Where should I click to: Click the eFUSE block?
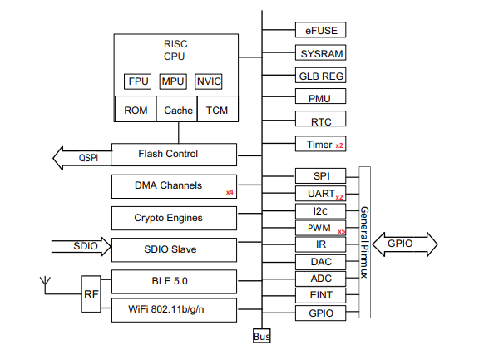[x=321, y=30]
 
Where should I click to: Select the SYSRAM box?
[x=321, y=52]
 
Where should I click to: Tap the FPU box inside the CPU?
[x=137, y=81]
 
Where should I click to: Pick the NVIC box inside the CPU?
[x=208, y=81]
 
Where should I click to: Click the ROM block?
[x=136, y=109]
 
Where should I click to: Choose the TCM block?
[x=218, y=109]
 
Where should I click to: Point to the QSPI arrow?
[x=82, y=158]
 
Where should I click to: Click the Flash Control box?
[x=174, y=155]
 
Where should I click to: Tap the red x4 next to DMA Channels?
[x=230, y=192]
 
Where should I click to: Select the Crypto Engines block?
[x=174, y=218]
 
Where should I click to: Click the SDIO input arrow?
[x=81, y=247]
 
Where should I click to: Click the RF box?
[x=91, y=294]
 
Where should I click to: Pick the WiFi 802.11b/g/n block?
[x=174, y=310]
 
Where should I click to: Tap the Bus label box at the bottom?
[x=262, y=336]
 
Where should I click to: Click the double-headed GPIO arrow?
[x=405, y=244]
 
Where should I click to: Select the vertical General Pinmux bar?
[x=364, y=242]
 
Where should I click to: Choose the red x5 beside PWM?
[x=342, y=231]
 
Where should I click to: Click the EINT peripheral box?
[x=321, y=295]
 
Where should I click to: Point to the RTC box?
[x=321, y=118]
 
